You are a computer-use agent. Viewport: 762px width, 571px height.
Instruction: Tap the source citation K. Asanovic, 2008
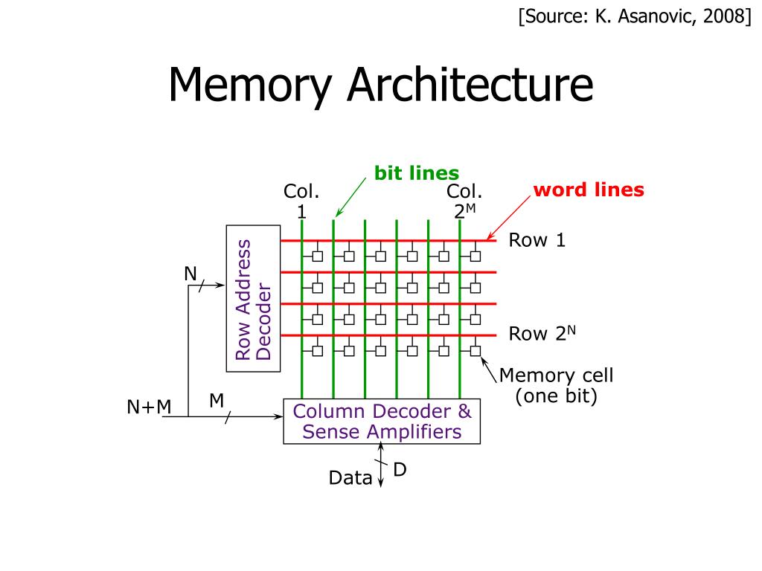point(635,17)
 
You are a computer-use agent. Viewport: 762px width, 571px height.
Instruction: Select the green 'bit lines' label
point(416,173)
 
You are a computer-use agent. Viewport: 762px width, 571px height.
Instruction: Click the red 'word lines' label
point(589,190)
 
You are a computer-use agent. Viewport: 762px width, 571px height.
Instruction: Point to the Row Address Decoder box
point(253,298)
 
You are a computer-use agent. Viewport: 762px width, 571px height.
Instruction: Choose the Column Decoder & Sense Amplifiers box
point(382,422)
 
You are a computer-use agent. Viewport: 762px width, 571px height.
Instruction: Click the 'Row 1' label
point(537,240)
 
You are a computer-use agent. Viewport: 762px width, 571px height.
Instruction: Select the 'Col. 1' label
point(301,201)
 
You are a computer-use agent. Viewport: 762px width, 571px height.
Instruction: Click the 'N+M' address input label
point(149,407)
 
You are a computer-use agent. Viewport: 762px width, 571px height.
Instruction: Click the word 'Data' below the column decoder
point(350,478)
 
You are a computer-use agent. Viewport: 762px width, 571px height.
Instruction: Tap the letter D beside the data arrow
point(400,470)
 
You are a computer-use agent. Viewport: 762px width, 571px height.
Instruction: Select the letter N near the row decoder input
point(190,274)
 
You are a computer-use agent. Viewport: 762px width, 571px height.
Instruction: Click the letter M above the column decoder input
point(217,401)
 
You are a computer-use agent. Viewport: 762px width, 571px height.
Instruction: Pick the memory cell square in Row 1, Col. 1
point(318,257)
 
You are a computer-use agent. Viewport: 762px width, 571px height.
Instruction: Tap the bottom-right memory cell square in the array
point(476,350)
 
